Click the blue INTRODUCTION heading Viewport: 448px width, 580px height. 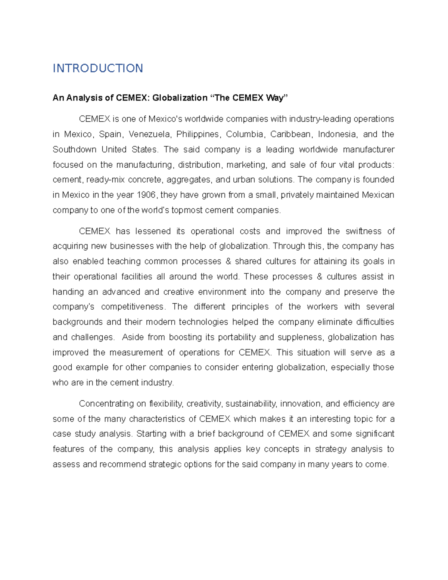click(x=98, y=68)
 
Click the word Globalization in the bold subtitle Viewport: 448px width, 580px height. click(x=180, y=98)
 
